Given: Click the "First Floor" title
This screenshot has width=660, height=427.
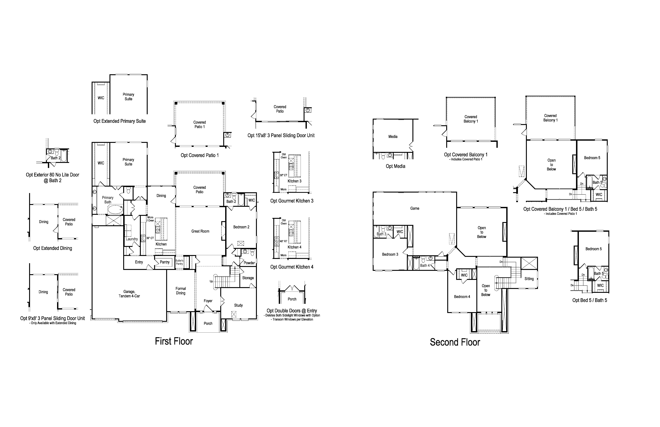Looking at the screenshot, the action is [174, 341].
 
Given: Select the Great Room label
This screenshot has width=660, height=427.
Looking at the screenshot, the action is [200, 231].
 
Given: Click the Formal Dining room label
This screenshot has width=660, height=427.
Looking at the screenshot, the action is [181, 291].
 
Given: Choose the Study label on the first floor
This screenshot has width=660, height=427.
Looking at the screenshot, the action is [239, 305].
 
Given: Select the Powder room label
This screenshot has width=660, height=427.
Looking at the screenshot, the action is [249, 263].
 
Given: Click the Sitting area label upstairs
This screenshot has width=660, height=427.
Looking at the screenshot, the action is [529, 279].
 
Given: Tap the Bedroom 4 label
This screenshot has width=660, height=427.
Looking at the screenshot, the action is [462, 297].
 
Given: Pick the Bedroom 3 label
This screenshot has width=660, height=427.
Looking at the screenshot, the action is [390, 254].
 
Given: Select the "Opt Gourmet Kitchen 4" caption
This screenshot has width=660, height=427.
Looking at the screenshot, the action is [292, 267].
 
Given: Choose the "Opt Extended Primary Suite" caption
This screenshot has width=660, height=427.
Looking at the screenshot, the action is [120, 121].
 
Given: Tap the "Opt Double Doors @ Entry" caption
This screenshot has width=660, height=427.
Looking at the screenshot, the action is [292, 311].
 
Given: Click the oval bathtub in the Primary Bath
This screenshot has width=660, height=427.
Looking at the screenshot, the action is [115, 209].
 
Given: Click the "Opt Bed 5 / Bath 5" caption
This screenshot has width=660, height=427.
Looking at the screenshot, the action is [590, 300].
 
